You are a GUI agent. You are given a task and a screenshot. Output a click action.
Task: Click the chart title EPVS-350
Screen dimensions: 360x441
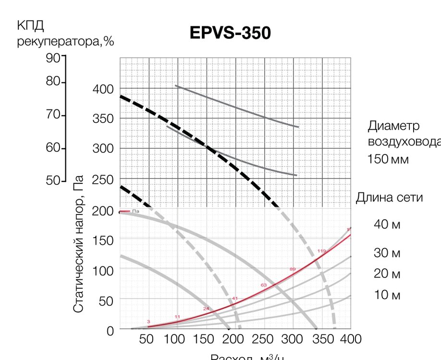pyautogui.click(x=231, y=33)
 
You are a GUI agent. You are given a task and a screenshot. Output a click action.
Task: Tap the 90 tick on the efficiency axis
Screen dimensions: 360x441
pyautogui.click(x=53, y=58)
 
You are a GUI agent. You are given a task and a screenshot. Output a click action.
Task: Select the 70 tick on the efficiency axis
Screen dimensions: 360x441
pyautogui.click(x=53, y=115)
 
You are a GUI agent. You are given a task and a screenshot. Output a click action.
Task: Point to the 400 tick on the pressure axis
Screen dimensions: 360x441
pyautogui.click(x=103, y=89)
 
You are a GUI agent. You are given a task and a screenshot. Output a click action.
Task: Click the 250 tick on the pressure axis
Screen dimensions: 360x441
pyautogui.click(x=103, y=180)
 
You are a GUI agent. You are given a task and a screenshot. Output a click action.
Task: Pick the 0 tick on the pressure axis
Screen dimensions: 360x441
pyautogui.click(x=110, y=331)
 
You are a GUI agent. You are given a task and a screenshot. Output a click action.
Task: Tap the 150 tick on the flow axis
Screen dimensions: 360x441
pyautogui.click(x=204, y=339)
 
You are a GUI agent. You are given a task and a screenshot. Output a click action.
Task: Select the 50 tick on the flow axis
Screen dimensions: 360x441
pyautogui.click(x=146, y=339)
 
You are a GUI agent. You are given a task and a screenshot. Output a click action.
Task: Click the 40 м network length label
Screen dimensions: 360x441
pyautogui.click(x=387, y=225)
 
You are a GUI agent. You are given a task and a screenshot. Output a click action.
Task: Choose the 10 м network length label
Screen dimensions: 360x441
pyautogui.click(x=387, y=295)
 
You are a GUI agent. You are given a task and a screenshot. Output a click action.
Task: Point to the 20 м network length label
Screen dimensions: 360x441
pyautogui.click(x=387, y=274)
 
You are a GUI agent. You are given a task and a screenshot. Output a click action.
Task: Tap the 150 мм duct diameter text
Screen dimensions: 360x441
pyautogui.click(x=388, y=159)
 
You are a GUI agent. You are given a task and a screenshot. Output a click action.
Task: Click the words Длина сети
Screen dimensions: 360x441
pyautogui.click(x=389, y=197)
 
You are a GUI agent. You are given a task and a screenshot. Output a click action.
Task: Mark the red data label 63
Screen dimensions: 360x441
pyautogui.click(x=264, y=285)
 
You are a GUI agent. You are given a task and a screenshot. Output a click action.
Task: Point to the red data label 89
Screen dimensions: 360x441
pyautogui.click(x=293, y=269)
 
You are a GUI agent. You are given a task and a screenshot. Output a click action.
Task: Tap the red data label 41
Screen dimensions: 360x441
pyautogui.click(x=235, y=299)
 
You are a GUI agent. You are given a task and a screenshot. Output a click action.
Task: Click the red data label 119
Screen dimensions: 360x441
pyautogui.click(x=321, y=251)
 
